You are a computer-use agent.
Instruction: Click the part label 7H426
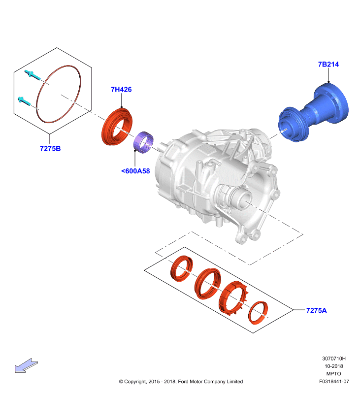(121, 90)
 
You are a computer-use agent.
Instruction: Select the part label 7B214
(328, 65)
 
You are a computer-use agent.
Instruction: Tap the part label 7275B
(50, 149)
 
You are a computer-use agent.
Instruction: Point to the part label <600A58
(135, 171)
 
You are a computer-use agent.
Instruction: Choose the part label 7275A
(317, 311)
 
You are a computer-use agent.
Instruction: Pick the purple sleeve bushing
(143, 143)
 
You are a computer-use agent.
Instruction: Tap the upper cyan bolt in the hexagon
(33, 75)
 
